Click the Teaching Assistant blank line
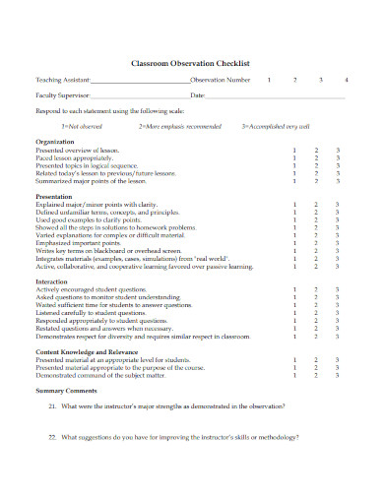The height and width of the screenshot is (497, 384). [139, 81]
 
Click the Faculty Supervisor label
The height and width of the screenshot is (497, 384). [61, 95]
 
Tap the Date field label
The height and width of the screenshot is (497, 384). [197, 95]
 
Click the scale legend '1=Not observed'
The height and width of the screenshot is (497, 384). [81, 126]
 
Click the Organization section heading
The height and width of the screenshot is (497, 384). [55, 142]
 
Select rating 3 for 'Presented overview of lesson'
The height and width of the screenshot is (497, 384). [338, 150]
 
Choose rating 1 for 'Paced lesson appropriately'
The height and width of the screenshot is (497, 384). [294, 157]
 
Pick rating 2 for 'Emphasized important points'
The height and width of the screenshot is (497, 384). [316, 244]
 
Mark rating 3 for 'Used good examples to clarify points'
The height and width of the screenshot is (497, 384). [338, 219]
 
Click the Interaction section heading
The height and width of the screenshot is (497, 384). [53, 281]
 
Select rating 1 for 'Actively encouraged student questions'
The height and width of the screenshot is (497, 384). [294, 290]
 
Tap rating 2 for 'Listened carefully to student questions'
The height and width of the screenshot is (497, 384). [316, 313]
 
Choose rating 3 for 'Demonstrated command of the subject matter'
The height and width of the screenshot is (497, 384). [338, 375]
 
